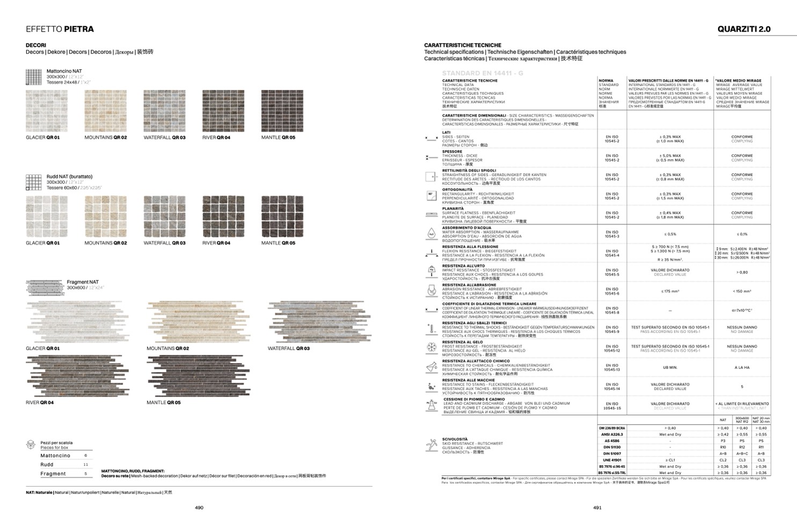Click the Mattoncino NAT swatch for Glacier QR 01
coord(47,111)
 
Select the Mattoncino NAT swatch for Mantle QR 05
coord(282,111)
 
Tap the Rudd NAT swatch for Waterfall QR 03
coord(164,216)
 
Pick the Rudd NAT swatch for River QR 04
coord(223,216)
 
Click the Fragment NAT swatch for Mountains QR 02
coord(198,322)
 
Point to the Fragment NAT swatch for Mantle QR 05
coord(198,376)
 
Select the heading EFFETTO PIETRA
coord(60,29)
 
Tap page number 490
coord(199,508)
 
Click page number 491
coord(597,508)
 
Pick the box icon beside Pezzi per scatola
coord(31,445)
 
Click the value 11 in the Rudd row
coord(85,465)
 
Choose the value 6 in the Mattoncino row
coord(85,456)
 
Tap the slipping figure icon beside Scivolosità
coord(431,445)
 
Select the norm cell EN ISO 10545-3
coord(612,234)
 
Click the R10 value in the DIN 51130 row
coord(722,447)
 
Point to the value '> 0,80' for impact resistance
coord(742,272)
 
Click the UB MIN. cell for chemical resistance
coord(670,367)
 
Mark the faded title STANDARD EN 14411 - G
coord(482,73)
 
